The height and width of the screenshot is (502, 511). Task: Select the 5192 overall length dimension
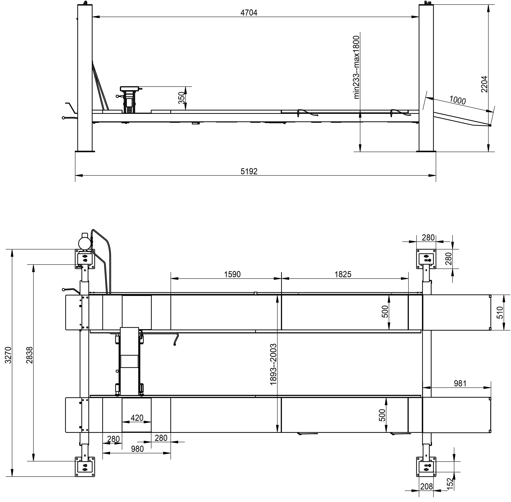[249, 171]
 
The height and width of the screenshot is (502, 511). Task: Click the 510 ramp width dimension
[500, 312]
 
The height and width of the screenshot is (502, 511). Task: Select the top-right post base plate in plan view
[426, 259]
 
